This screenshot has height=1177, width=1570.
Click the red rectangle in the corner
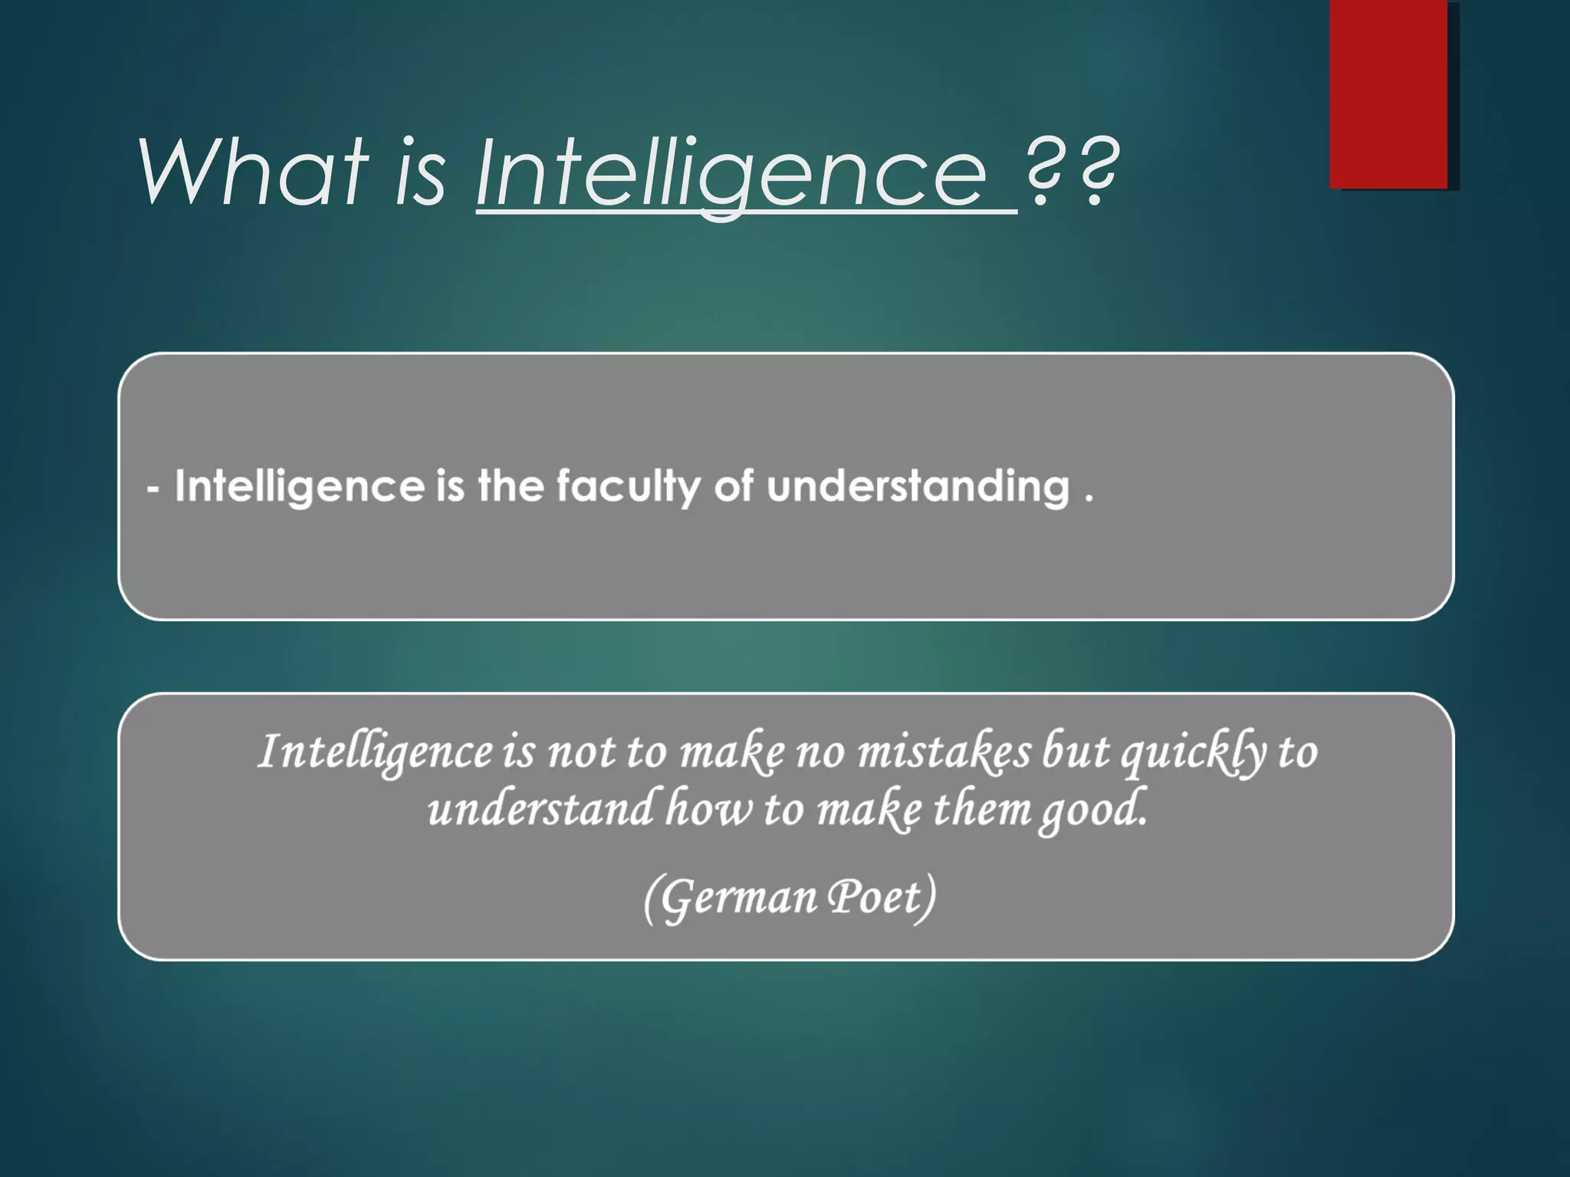(1388, 93)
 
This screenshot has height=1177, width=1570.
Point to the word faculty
(628, 487)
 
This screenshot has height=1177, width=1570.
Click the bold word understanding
(918, 487)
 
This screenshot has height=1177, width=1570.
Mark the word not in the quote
(581, 752)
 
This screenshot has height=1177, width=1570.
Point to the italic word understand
(540, 809)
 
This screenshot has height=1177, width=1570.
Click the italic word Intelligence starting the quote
(375, 752)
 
